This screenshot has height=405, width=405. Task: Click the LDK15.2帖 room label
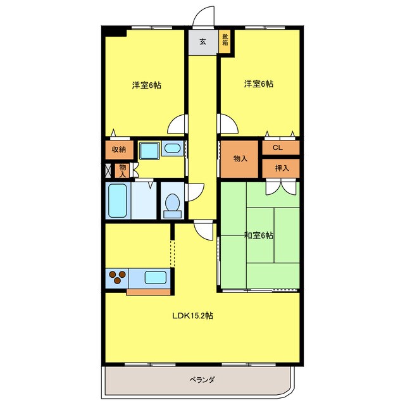(192, 316)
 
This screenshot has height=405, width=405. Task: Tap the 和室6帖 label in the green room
(259, 235)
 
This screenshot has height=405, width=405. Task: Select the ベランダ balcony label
(202, 380)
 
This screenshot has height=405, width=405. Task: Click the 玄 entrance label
(202, 42)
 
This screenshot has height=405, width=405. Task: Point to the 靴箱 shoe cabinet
(225, 41)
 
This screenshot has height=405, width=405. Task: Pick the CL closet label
(278, 147)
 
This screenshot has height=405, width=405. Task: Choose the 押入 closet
(281, 168)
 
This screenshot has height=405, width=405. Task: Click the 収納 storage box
(119, 150)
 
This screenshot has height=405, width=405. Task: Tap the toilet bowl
(173, 204)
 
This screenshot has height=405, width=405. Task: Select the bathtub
(118, 201)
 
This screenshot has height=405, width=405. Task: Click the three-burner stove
(117, 277)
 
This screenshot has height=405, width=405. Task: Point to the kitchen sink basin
(155, 278)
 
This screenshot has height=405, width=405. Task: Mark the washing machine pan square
(149, 151)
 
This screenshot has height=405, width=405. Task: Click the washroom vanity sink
(172, 148)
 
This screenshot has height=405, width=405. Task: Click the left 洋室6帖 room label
(147, 85)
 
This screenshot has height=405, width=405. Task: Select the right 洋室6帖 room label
(259, 84)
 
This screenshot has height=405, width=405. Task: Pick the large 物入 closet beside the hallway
(239, 159)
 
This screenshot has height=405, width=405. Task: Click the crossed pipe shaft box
(108, 170)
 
